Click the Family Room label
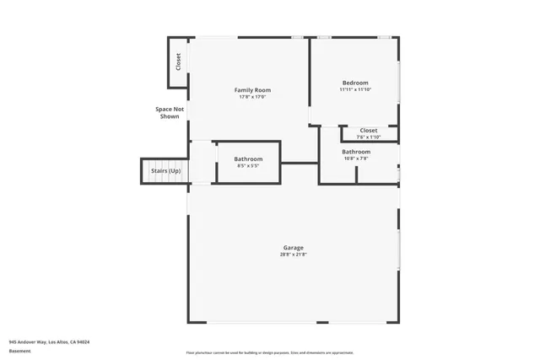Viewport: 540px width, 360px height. click(x=252, y=90)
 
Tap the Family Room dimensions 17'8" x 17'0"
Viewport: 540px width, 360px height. click(x=252, y=97)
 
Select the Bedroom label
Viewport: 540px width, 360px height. click(x=355, y=83)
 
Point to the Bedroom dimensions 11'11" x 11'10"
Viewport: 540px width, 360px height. click(x=355, y=89)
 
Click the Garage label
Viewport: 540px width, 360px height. click(x=293, y=248)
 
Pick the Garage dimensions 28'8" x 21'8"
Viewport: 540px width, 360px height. click(x=293, y=255)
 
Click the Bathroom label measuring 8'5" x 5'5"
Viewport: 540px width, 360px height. click(x=248, y=159)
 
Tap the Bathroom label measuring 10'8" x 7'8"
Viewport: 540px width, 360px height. click(x=355, y=152)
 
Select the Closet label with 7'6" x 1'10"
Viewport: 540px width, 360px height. click(x=369, y=131)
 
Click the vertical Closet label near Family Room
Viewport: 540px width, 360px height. click(x=178, y=62)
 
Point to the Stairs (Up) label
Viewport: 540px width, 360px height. click(x=165, y=171)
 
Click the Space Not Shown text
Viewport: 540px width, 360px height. click(x=170, y=112)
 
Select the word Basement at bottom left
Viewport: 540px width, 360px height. click(x=19, y=351)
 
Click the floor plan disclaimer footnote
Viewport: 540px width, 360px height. click(x=270, y=352)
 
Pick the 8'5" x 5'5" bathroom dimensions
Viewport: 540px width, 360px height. click(x=248, y=165)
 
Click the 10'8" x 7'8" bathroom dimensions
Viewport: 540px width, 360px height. click(x=355, y=159)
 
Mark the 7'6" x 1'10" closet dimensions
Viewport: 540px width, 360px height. click(x=369, y=137)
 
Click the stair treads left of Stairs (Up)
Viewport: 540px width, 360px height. click(x=145, y=171)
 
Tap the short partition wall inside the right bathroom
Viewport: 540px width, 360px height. click(x=356, y=175)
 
